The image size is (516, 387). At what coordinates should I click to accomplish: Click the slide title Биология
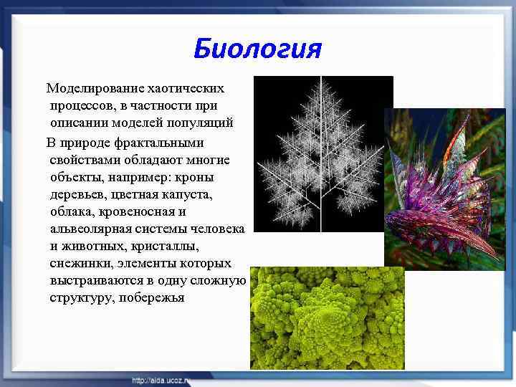coord(257,49)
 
